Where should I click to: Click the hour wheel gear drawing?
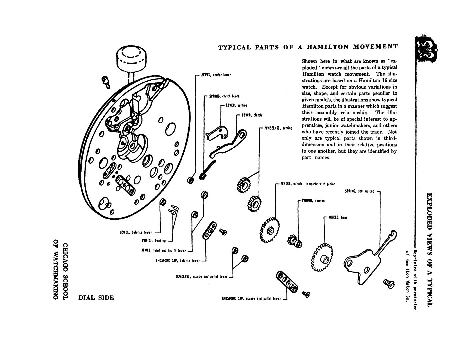click(322, 258)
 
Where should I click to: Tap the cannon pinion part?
click(295, 241)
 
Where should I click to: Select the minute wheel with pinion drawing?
click(270, 230)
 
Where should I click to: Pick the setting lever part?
click(217, 133)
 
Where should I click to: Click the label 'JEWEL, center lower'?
click(216, 75)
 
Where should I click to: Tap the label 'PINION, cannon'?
click(313, 200)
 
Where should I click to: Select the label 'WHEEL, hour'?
click(338, 217)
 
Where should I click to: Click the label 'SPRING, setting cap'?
click(360, 191)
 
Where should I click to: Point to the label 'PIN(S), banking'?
click(154, 240)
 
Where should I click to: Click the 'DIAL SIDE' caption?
click(96, 298)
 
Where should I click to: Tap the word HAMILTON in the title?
click(328, 47)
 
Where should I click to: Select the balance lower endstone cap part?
click(209, 230)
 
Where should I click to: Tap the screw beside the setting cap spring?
click(389, 284)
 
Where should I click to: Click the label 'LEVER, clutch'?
click(252, 115)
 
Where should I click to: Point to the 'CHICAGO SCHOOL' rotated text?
click(65, 272)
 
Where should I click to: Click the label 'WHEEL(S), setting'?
click(279, 128)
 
